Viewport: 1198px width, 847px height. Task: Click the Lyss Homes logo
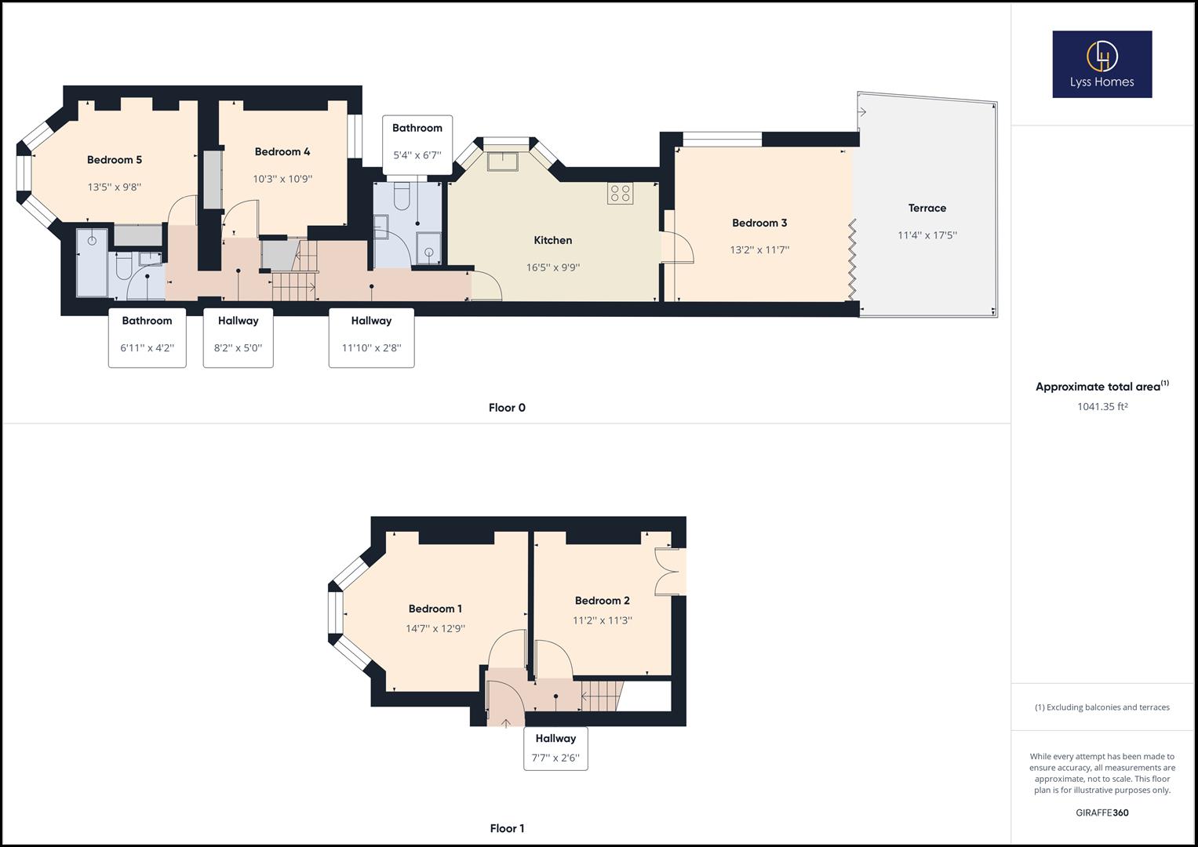click(1102, 64)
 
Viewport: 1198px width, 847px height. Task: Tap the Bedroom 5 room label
click(115, 160)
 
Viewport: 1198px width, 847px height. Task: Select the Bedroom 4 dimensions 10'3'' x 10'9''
click(282, 179)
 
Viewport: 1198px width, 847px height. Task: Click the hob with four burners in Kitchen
click(620, 193)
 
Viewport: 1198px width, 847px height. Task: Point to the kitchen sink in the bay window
click(501, 161)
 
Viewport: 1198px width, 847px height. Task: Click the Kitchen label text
click(552, 241)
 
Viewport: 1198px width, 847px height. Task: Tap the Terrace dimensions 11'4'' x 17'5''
click(927, 235)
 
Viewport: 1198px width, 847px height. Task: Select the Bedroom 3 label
click(759, 224)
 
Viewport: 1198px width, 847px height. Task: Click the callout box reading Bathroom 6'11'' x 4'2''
click(147, 338)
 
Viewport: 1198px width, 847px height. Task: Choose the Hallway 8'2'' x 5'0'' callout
click(238, 338)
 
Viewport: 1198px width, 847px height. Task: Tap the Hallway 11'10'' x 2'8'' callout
click(371, 338)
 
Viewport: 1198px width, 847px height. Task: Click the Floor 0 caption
click(507, 408)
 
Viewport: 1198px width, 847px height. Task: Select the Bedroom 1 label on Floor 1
click(435, 609)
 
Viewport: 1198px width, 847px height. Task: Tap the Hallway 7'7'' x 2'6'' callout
click(555, 748)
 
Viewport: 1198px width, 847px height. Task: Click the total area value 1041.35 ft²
click(1102, 407)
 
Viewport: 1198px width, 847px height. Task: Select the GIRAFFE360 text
click(1102, 812)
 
